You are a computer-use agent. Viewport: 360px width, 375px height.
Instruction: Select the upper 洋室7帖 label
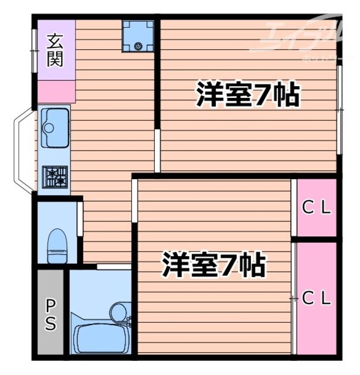point(248,96)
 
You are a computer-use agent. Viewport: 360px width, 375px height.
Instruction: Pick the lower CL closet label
point(317,298)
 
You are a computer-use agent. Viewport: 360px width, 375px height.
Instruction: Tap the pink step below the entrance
point(56,92)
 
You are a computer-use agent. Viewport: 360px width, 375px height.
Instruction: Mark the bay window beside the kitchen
point(23,149)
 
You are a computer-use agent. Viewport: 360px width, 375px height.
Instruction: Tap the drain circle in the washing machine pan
point(138,46)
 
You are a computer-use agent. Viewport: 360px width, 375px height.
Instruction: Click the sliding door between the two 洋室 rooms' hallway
point(157,151)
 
